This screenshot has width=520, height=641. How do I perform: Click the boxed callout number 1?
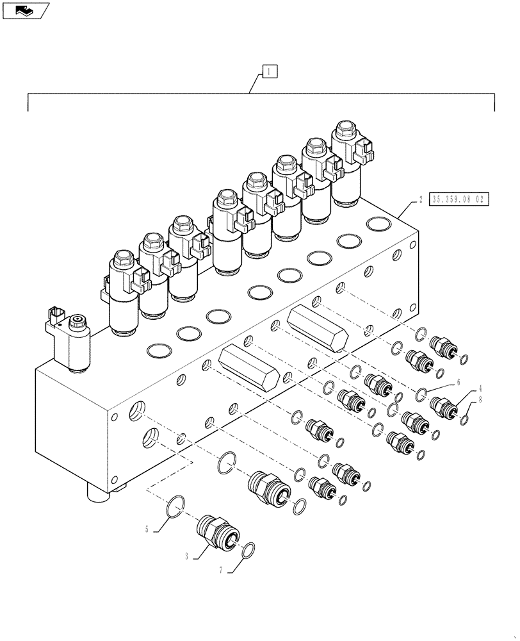click(x=270, y=72)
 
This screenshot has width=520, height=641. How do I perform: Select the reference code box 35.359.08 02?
click(x=460, y=199)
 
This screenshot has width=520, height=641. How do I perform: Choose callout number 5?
click(x=147, y=530)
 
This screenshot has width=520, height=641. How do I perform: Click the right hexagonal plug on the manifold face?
click(x=318, y=327)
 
